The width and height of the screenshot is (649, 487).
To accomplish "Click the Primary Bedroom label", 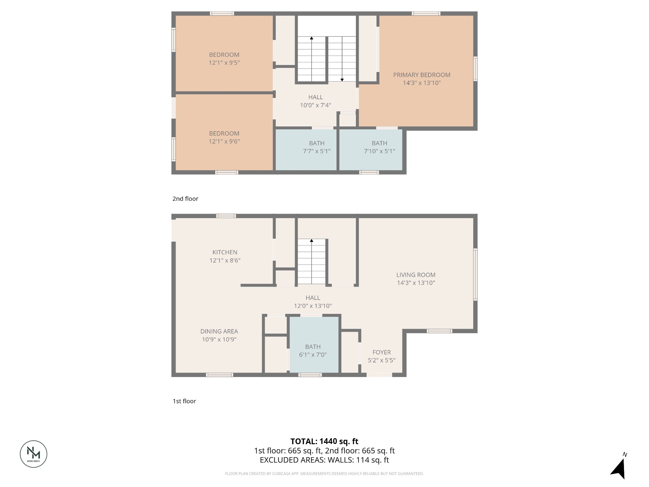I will tap(421, 75).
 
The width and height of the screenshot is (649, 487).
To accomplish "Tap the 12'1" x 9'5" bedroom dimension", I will tap(224, 63).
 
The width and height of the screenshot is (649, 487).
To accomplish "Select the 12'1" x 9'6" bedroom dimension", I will tap(224, 141).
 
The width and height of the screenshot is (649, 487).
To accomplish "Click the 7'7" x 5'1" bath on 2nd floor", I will tap(317, 147).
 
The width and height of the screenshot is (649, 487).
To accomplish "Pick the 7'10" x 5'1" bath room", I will tap(379, 147).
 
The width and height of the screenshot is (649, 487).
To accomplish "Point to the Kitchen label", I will tap(225, 252).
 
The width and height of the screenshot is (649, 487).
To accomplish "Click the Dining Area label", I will tap(219, 331).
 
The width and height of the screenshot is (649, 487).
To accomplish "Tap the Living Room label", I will tap(416, 275).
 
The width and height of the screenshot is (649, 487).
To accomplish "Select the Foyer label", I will tap(382, 352).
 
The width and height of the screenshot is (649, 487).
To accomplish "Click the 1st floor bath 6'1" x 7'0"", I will tap(313, 351).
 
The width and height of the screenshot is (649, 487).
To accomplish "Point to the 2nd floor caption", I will tap(185, 199).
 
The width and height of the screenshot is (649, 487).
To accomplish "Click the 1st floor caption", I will tap(184, 401).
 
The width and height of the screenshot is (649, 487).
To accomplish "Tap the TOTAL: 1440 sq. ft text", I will tap(324, 441).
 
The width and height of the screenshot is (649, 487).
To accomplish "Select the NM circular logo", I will tap(34, 454).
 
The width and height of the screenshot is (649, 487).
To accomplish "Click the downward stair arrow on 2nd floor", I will tap(342, 80).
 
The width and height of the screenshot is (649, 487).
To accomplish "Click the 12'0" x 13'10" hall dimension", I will tap(313, 306).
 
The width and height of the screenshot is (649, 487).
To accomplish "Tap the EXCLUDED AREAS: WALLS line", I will tap(324, 460).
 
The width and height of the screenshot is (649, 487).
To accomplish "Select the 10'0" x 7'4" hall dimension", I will tap(315, 105).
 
